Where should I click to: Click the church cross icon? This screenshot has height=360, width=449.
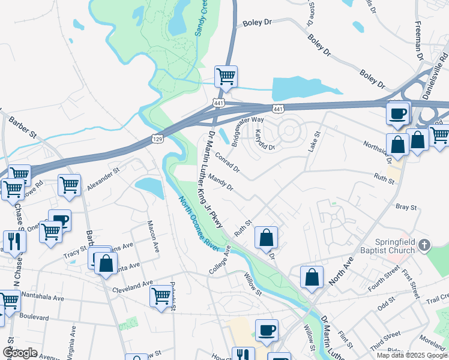click(x=424, y=244)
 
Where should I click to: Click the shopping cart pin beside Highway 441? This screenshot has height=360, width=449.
click(x=226, y=77)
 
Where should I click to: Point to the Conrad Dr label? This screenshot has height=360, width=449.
click(x=228, y=161)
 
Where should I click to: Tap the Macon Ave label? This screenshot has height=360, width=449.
click(x=152, y=235)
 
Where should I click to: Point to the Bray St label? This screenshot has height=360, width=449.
click(x=406, y=207)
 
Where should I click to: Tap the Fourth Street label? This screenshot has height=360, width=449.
click(x=384, y=279)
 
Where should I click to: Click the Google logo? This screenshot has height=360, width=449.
click(x=20, y=352)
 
